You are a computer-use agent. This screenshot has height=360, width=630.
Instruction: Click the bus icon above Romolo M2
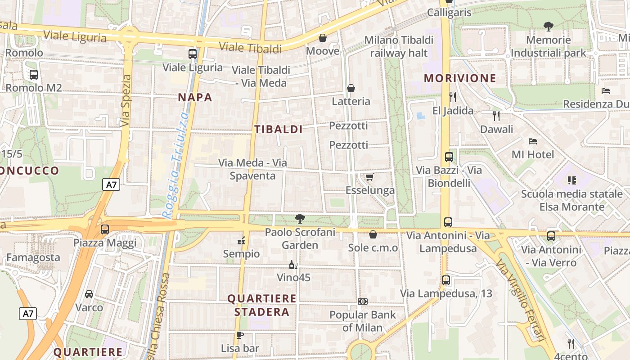pos(34,75)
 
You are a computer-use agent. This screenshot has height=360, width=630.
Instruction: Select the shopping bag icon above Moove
pos(322,38)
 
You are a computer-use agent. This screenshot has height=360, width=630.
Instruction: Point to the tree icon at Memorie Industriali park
pos(548,27)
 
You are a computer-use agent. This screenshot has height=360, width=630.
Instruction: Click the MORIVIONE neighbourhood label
pos(460,78)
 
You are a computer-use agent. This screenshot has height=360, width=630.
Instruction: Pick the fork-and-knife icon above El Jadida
pos(453,97)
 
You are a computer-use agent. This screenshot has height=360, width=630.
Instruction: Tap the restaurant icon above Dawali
pos(496,116)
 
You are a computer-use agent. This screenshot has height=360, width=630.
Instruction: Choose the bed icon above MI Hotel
pos(533,141)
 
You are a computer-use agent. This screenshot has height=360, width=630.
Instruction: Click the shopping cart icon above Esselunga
pos(369,177)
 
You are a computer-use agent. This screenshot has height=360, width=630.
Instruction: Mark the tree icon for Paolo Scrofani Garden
pos(300,219)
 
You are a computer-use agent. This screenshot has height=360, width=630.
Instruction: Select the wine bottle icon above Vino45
pos(293,265)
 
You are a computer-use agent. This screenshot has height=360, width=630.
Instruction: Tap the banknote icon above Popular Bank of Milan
pos(362,301)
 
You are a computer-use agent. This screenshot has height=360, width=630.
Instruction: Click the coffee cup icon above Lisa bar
pos(240,335)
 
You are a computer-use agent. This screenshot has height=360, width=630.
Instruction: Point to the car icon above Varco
pos(89,294)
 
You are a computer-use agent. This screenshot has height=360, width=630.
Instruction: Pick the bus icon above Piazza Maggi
pos(105,229)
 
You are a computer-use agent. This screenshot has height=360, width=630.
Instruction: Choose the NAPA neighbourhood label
pos(195,97)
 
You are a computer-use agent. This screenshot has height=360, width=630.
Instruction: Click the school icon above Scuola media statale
pos(572,180)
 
